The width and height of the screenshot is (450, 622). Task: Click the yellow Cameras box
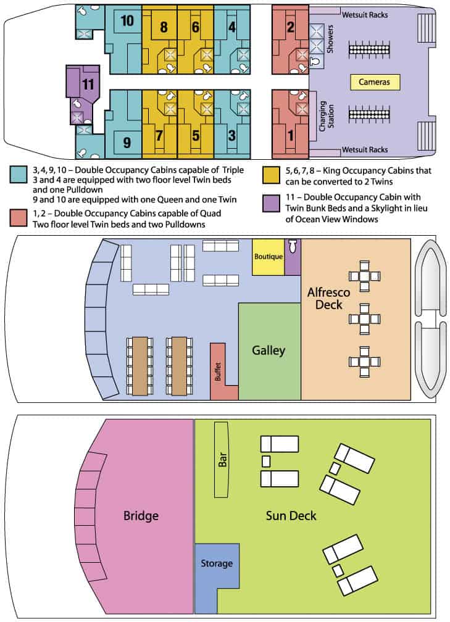(375, 82)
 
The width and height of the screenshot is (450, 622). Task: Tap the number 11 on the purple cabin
(88, 84)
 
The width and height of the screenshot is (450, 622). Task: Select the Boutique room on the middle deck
(269, 257)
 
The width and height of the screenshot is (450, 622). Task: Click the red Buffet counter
(219, 370)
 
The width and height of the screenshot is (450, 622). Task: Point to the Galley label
(269, 350)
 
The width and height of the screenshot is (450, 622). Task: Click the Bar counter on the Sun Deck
(222, 459)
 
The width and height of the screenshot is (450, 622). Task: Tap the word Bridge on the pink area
(141, 516)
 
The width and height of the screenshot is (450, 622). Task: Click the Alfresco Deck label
(328, 298)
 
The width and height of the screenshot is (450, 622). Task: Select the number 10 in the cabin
(127, 20)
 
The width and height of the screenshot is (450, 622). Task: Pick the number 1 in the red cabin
(291, 135)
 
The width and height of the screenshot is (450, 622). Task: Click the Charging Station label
(327, 116)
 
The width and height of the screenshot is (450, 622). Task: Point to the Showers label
(330, 39)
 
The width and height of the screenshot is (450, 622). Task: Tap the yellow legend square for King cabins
(271, 175)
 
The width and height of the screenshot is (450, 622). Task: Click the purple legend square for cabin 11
(271, 203)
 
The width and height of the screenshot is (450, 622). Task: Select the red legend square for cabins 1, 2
(19, 218)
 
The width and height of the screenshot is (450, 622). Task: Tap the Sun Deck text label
(291, 516)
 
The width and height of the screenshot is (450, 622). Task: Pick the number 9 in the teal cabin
(127, 143)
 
